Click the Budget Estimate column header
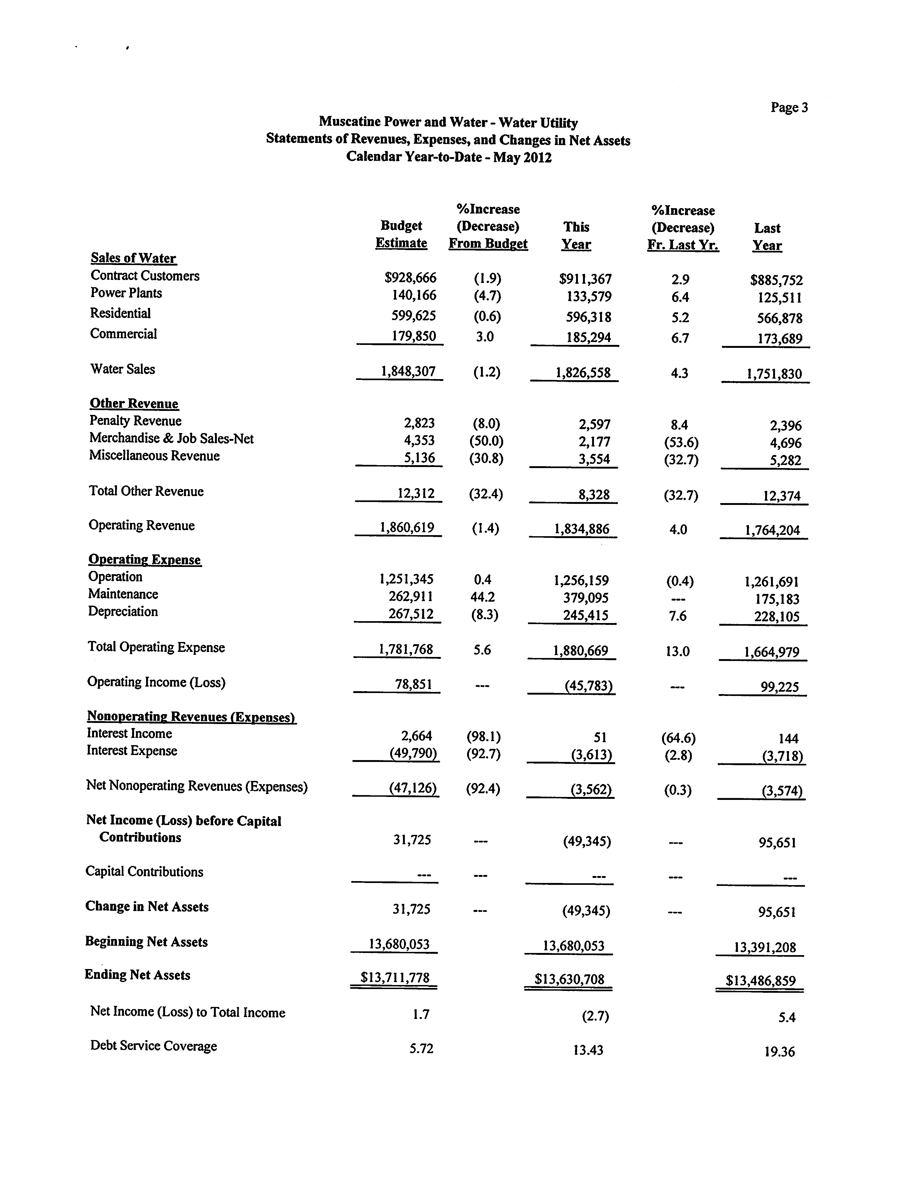point(401,234)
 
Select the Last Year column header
point(767,237)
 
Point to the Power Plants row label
point(126,293)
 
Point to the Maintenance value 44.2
point(483,597)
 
